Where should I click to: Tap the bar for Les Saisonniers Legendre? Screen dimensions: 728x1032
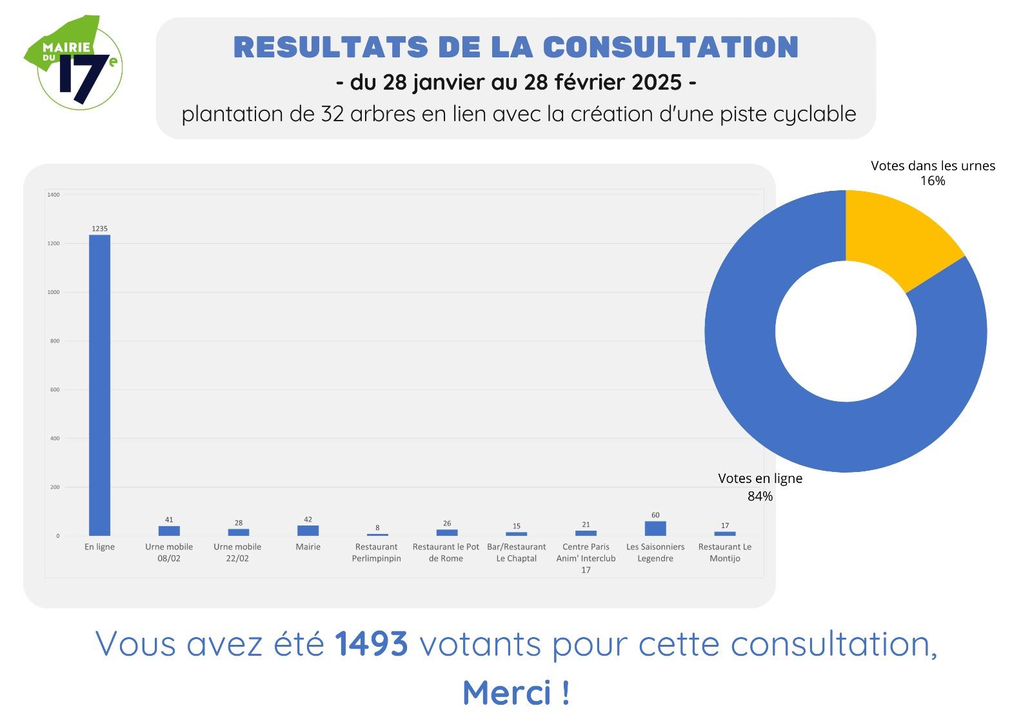(x=655, y=528)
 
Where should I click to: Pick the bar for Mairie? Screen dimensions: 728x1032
(x=308, y=530)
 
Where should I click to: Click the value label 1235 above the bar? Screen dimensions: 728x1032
(x=99, y=228)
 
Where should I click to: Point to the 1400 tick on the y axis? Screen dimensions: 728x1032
(x=54, y=195)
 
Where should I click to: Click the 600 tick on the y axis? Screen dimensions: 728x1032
(x=55, y=389)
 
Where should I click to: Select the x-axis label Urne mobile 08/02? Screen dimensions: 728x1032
(x=169, y=553)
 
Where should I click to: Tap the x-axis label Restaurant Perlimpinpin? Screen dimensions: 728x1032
(x=377, y=553)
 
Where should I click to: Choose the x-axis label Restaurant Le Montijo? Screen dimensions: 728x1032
(x=725, y=553)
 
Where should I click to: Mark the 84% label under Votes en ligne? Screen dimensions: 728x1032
(x=760, y=497)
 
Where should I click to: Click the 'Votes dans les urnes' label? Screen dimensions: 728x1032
(x=933, y=166)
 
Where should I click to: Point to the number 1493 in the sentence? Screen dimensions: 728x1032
(x=372, y=644)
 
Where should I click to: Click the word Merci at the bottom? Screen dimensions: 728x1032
(x=507, y=693)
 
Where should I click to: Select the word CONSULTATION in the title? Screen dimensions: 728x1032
(x=671, y=47)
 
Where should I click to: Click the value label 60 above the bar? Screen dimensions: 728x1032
(x=655, y=515)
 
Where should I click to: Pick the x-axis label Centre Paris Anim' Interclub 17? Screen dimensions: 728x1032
(x=586, y=558)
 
